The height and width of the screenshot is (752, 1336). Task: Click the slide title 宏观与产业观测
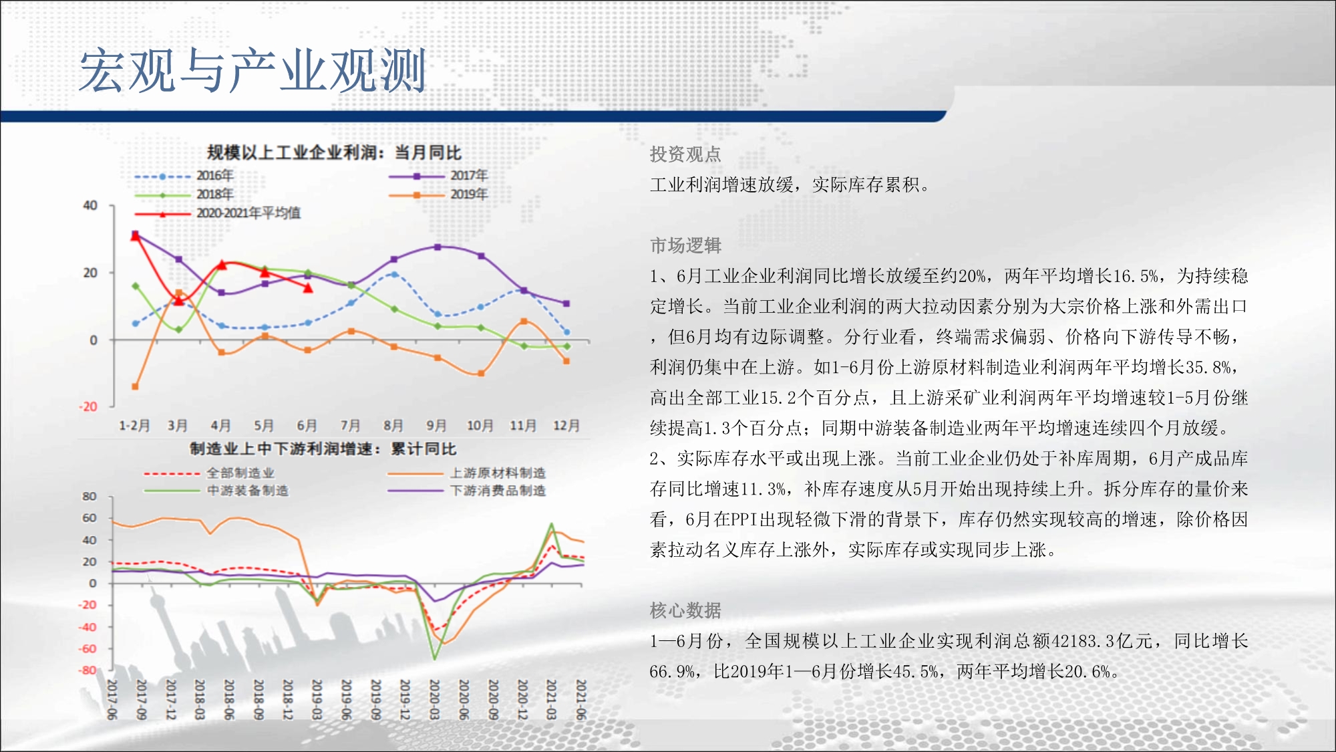pyautogui.click(x=253, y=70)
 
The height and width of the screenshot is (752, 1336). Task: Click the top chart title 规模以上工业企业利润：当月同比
pyautogui.click(x=334, y=153)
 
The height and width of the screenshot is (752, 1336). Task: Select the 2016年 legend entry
pyautogui.click(x=184, y=176)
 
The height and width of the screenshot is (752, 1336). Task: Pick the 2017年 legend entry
pyautogui.click(x=438, y=176)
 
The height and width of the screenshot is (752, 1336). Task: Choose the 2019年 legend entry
pyautogui.click(x=438, y=195)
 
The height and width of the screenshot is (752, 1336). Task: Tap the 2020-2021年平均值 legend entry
pyautogui.click(x=218, y=213)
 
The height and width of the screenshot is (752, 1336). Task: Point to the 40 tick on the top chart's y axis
pyautogui.click(x=90, y=205)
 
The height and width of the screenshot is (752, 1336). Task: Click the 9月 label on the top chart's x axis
pyautogui.click(x=437, y=426)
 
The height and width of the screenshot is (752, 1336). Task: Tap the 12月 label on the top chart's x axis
pyautogui.click(x=566, y=426)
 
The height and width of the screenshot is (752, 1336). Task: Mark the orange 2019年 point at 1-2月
pyautogui.click(x=135, y=386)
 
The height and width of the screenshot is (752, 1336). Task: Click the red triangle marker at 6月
pyautogui.click(x=308, y=288)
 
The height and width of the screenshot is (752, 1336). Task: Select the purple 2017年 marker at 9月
pyautogui.click(x=438, y=247)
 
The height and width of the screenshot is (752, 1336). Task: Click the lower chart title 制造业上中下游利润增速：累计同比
pyautogui.click(x=323, y=449)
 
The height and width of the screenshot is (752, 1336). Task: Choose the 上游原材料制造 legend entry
pyautogui.click(x=467, y=473)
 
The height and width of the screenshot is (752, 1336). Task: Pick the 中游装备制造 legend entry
pyautogui.click(x=216, y=491)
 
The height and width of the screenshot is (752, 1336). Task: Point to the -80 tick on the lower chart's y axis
pyautogui.click(x=88, y=670)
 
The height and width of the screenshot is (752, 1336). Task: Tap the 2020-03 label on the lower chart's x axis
pyautogui.click(x=434, y=700)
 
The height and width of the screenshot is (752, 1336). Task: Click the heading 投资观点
pyautogui.click(x=685, y=154)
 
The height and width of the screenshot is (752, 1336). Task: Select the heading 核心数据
pyautogui.click(x=685, y=610)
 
